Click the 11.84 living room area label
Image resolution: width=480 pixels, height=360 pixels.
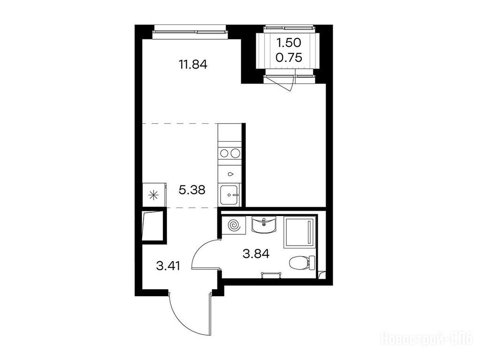tap(193, 65)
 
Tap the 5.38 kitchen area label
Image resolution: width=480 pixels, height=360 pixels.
tap(192, 190)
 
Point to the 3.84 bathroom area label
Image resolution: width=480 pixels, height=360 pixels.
tap(256, 254)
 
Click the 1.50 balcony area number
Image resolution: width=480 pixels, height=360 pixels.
tap(289, 43)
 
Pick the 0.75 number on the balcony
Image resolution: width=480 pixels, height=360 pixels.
tap(289, 57)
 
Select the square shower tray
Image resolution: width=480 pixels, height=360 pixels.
tap(299, 232)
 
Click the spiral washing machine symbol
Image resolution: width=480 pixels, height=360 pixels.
tap(235, 226)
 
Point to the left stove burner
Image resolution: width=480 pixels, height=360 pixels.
tap(223, 153)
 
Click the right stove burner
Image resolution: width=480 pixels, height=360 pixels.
tap(235, 153)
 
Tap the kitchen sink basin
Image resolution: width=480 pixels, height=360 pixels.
tap(229, 195)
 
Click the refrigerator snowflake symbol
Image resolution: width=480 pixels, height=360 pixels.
tap(153, 195)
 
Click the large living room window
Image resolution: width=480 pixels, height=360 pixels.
tap(190, 32)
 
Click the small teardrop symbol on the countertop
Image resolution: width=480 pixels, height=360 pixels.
tap(230, 174)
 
